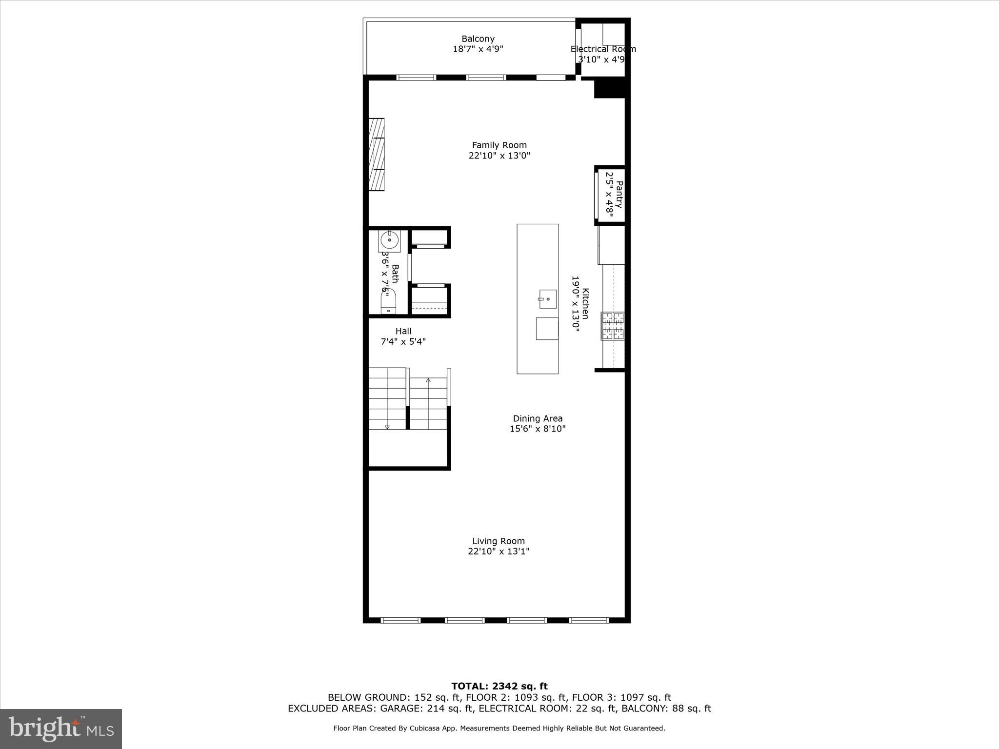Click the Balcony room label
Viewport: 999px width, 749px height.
click(x=478, y=39)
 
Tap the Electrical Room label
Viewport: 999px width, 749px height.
click(x=603, y=49)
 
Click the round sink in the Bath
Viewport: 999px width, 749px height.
click(x=389, y=240)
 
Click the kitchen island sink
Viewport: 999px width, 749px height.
click(x=548, y=299)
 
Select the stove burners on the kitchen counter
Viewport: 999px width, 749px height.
click(x=613, y=326)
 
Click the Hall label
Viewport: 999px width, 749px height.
click(x=403, y=331)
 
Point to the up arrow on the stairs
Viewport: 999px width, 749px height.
click(x=428, y=380)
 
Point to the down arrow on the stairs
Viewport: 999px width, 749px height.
click(x=387, y=427)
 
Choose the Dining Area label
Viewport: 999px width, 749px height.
click(x=538, y=418)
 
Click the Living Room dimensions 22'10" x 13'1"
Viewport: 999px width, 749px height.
click(x=499, y=552)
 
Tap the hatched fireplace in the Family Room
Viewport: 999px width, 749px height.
click(x=376, y=154)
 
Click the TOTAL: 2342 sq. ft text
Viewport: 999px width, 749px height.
click(x=499, y=687)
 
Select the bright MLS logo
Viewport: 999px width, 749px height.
click(x=61, y=729)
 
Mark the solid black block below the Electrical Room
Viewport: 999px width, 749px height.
click(x=609, y=89)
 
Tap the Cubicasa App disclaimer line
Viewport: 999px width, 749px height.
click(x=499, y=729)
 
